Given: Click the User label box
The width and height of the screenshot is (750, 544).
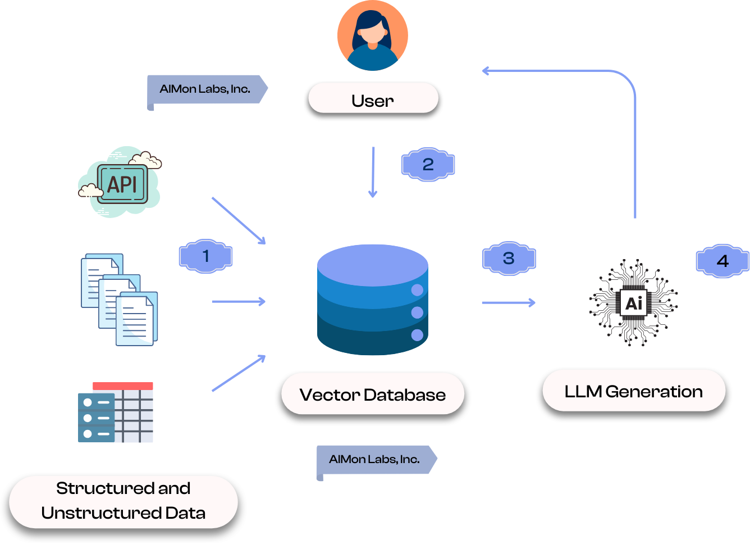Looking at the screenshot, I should [373, 100].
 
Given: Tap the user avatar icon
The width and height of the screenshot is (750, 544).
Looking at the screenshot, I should [372, 35].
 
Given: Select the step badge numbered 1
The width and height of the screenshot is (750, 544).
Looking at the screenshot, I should [205, 256].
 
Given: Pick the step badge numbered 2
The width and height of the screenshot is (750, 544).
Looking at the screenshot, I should [428, 165].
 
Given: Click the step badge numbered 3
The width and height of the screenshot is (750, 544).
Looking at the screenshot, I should [509, 259].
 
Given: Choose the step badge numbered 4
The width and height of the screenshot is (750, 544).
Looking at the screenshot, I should [722, 261].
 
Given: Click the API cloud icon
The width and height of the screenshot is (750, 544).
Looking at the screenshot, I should [121, 183].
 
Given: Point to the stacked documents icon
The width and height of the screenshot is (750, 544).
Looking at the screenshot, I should [120, 299].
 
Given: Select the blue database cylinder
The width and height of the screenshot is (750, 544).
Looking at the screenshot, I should [373, 300].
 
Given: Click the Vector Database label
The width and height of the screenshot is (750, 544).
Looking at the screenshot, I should [373, 395].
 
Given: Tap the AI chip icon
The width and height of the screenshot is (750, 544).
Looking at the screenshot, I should [634, 303].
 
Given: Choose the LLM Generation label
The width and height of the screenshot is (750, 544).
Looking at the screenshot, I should [633, 391].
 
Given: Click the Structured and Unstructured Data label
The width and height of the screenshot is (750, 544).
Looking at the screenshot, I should [124, 501].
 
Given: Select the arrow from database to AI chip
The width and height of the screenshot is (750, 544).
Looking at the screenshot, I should [509, 303].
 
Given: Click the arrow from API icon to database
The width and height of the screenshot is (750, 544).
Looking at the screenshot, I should [239, 220].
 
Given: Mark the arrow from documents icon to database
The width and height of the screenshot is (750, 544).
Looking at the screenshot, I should [239, 302].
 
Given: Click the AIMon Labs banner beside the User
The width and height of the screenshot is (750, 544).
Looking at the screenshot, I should [207, 90].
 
